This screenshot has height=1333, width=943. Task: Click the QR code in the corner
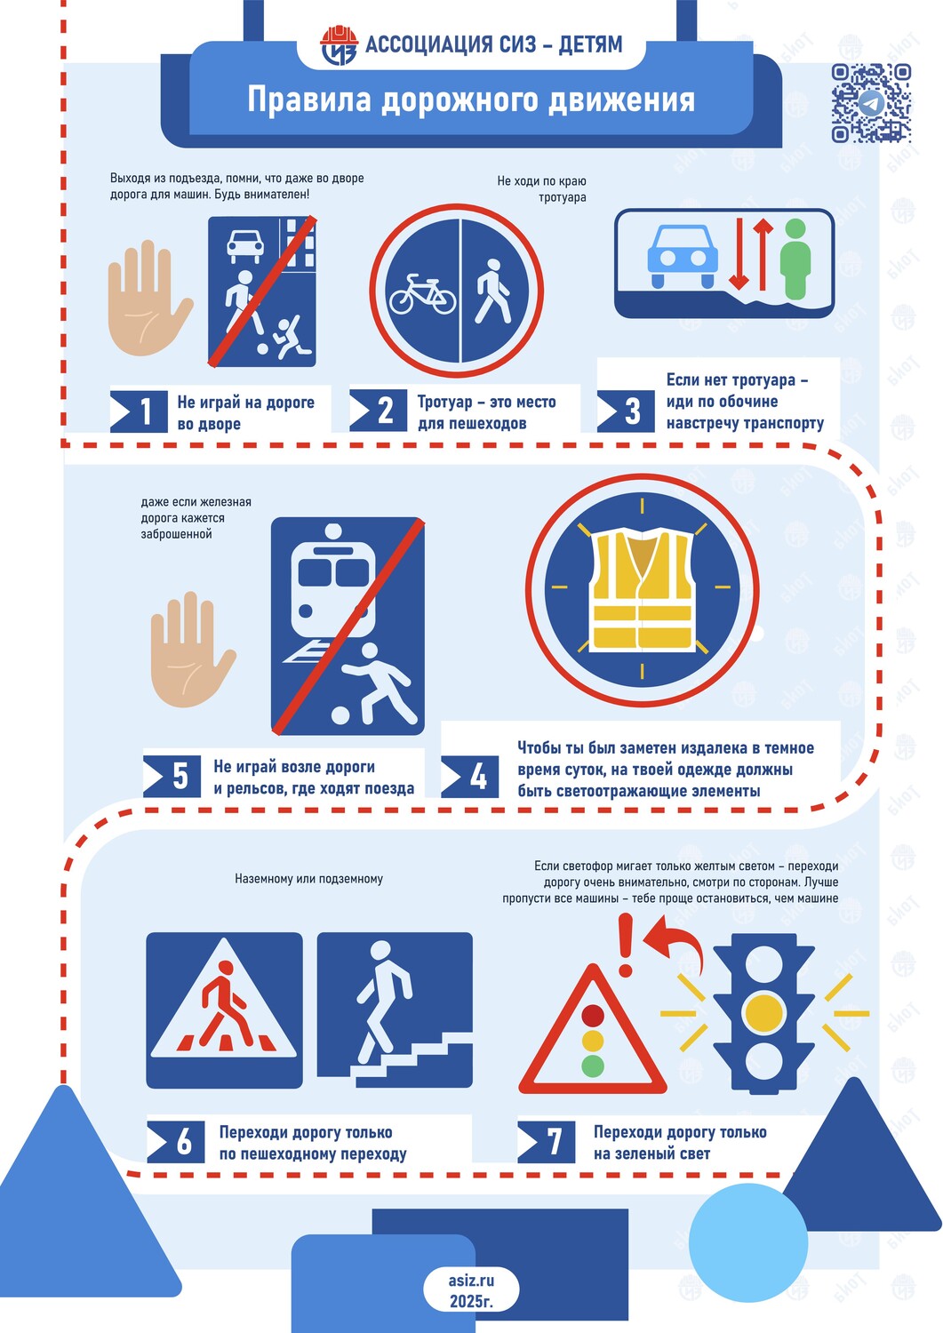(871, 103)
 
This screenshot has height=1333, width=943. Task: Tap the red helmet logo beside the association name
(339, 45)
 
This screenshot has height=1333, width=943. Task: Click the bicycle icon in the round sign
(422, 294)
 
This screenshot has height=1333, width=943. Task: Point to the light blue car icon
(683, 257)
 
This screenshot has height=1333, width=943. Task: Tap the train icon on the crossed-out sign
(333, 588)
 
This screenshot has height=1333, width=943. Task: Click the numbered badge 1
(139, 411)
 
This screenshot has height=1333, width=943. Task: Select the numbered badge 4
(469, 777)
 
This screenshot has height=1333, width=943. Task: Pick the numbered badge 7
(547, 1141)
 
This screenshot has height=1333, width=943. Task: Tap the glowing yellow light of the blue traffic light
(763, 1013)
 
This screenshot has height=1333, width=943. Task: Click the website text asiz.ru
(471, 1280)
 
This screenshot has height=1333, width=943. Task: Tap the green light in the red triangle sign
(592, 1066)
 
